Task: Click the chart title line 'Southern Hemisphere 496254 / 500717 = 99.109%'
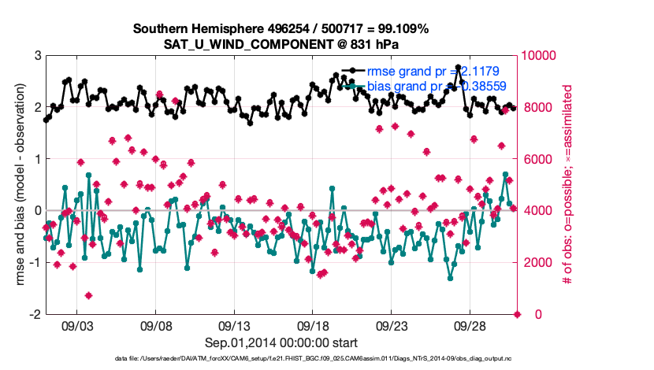(281, 29)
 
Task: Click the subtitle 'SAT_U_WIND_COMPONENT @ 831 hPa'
(281, 44)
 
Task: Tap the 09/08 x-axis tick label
(156, 326)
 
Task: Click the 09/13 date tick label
(234, 326)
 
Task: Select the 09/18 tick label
(313, 326)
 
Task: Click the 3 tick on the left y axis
(37, 56)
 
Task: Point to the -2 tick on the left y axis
(35, 314)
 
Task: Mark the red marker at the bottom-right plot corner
(518, 314)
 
